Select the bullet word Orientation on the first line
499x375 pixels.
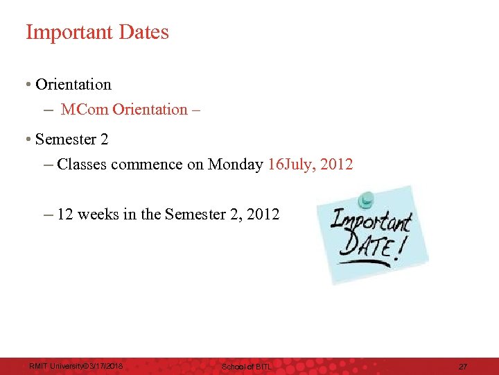(73, 85)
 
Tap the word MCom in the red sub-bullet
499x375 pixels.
(84, 110)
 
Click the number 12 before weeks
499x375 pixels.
(65, 215)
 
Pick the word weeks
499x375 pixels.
(98, 215)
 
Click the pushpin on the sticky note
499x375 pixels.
(362, 201)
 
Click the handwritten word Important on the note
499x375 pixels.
(371, 223)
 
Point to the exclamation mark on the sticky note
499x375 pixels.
(396, 251)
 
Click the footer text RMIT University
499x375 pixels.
(54, 366)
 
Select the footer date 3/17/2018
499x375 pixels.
(105, 366)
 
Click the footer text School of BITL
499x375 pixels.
(246, 366)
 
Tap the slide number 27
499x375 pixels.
(463, 366)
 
